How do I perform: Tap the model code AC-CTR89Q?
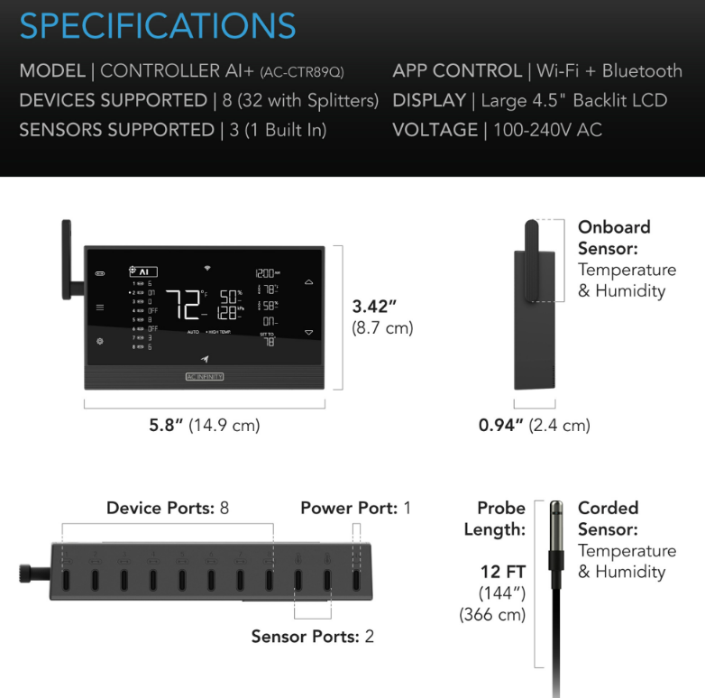301,72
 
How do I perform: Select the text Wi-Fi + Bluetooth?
609,70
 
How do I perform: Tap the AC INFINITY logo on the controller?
205,376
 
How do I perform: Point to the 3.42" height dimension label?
375,307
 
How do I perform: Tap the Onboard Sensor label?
614,237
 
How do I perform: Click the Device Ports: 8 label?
168,508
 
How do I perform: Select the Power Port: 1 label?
355,508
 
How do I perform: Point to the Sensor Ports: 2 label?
312,637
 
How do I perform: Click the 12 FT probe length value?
503,572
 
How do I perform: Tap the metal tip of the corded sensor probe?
555,523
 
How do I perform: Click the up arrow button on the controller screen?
309,281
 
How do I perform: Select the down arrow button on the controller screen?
309,332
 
